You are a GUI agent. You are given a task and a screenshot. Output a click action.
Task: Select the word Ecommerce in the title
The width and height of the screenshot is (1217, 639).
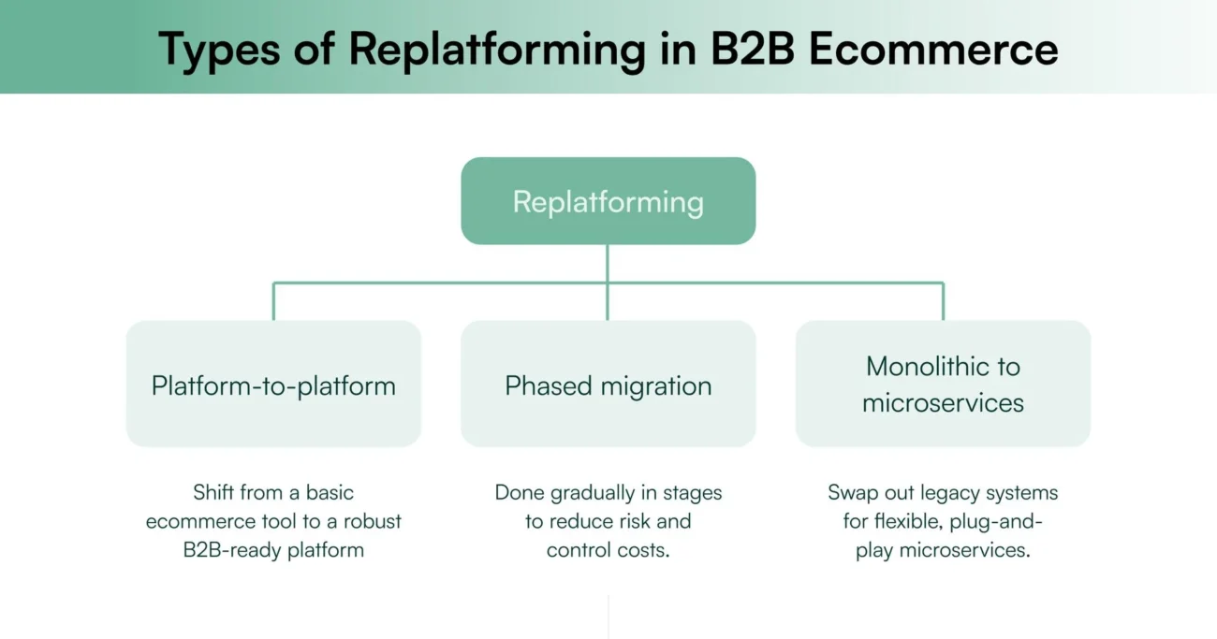point(932,49)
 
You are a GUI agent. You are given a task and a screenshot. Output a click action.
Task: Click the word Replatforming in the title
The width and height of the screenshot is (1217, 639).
point(498,49)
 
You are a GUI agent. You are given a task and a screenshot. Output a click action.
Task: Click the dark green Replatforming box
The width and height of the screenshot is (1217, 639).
point(608,201)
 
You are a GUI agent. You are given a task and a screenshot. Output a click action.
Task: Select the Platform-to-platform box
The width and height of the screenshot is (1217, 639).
point(273,385)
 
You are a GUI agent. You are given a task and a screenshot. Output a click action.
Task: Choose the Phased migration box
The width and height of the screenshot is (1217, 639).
point(608,385)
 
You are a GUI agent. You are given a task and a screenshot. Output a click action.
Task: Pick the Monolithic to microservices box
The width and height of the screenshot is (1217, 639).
point(943,385)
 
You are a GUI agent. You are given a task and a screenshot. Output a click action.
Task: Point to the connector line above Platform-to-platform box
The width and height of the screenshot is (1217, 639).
point(273,301)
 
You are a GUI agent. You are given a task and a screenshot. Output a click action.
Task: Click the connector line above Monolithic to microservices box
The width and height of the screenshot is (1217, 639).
point(943,301)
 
